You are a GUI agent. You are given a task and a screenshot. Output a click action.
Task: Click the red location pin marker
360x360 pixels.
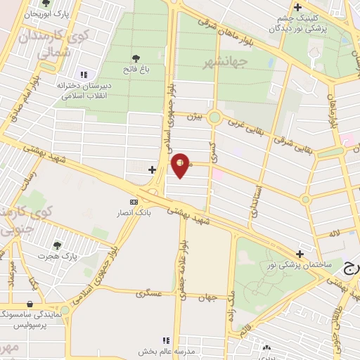(181, 165)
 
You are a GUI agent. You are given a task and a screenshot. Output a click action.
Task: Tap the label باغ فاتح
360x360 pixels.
(136, 69)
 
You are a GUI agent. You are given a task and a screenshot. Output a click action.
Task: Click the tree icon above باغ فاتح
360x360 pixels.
(136, 58)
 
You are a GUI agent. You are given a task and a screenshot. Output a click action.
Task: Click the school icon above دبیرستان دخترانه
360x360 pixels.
(84, 75)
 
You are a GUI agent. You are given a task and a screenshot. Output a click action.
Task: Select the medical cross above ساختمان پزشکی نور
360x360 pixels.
(300, 254)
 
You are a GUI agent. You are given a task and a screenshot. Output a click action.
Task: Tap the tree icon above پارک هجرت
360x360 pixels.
(57, 245)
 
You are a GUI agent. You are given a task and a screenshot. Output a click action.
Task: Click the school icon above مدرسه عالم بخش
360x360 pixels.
(167, 340)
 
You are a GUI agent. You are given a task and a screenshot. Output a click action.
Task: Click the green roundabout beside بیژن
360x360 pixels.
(214, 117)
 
